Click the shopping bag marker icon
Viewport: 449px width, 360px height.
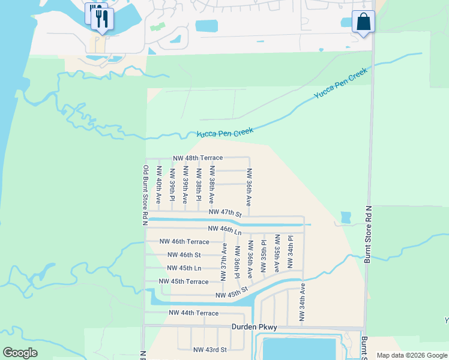363,22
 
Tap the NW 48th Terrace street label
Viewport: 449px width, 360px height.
197,158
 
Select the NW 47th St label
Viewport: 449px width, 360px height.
225,213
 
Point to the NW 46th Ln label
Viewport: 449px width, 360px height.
224,229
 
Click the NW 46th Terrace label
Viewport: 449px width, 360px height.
184,242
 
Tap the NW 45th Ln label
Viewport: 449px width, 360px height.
184,268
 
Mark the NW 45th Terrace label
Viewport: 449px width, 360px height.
184,281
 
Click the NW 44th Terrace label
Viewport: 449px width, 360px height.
193,313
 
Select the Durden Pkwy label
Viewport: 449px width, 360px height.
255,328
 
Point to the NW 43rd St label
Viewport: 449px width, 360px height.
209,350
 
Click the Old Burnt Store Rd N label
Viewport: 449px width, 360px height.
145,195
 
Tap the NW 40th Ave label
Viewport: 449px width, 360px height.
158,184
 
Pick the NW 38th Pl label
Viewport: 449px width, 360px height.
198,184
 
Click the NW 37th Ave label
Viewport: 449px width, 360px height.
224,262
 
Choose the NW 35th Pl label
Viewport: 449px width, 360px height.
264,256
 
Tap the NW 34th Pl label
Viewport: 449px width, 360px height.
290,253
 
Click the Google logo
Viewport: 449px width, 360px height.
20,353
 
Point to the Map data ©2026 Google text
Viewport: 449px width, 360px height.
412,355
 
